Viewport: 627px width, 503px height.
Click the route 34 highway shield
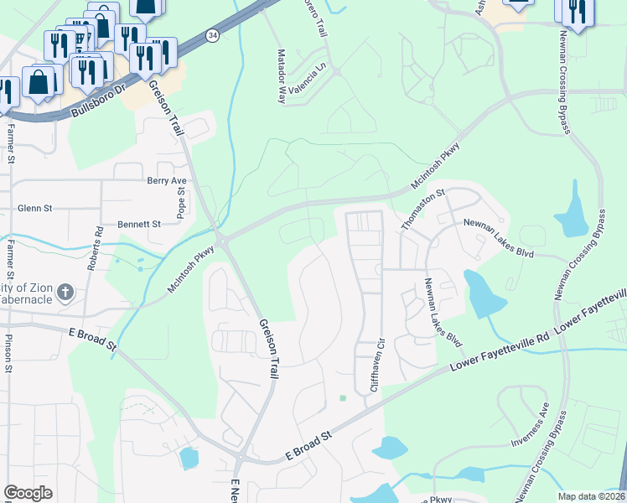pos(214,35)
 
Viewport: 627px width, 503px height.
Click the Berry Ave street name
pos(166,180)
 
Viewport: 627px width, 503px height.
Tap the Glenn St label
pos(35,208)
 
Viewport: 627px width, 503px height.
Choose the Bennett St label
pos(138,225)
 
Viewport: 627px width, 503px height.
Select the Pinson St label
pos(9,352)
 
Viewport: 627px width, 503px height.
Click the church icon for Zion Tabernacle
pos(66,293)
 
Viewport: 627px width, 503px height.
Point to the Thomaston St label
pos(422,210)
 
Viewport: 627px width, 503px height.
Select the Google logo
pos(28,493)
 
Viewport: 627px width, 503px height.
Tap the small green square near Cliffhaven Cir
pos(342,398)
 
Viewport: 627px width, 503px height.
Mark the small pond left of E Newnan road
pos(189,458)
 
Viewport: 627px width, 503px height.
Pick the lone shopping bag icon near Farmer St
pos(39,82)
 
